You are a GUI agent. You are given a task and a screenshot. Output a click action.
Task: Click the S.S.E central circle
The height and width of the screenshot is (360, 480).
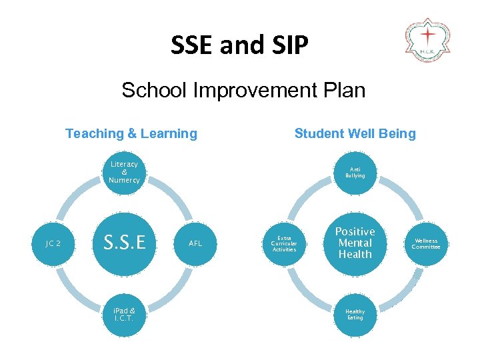tap(124, 243)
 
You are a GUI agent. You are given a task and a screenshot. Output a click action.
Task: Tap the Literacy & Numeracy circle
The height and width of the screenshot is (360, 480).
tap(124, 172)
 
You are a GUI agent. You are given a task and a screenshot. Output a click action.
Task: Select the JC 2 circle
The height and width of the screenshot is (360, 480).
tap(53, 243)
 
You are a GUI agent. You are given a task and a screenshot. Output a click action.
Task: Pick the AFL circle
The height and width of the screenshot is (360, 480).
tap(195, 243)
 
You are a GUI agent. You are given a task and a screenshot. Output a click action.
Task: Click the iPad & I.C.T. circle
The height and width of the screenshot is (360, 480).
tap(124, 314)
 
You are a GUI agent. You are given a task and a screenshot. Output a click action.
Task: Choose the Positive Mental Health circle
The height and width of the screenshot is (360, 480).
tap(355, 243)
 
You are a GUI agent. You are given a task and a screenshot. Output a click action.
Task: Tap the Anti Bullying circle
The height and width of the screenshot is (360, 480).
tap(355, 173)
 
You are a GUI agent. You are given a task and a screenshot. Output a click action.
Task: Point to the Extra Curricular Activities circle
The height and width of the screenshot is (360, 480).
tap(284, 243)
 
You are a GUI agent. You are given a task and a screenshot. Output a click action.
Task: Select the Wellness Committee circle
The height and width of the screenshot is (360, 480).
tap(425, 243)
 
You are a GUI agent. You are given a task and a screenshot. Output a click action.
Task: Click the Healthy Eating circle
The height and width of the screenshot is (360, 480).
tap(355, 314)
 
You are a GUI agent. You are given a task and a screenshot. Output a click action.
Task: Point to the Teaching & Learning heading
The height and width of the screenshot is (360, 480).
tap(131, 133)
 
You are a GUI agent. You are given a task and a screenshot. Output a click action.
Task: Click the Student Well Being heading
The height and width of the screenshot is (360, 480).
tap(355, 133)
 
